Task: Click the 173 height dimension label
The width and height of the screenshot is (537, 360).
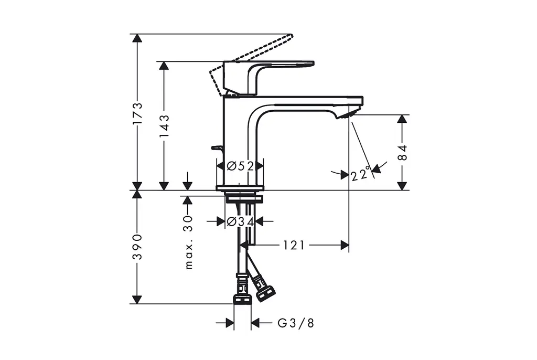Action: [137, 113]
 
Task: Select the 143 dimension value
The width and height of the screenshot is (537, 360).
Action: [164, 126]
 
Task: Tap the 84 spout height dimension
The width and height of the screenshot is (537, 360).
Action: [403, 153]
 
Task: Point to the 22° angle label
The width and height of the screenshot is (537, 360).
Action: [361, 174]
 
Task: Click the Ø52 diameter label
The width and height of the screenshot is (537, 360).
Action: [240, 166]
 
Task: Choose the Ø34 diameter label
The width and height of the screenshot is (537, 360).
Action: [240, 222]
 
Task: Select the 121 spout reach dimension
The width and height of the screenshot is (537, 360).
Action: [294, 245]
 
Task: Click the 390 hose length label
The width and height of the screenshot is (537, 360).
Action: [137, 247]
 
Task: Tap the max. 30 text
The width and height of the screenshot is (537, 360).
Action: [188, 242]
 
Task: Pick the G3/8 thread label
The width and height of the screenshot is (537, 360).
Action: [296, 323]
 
